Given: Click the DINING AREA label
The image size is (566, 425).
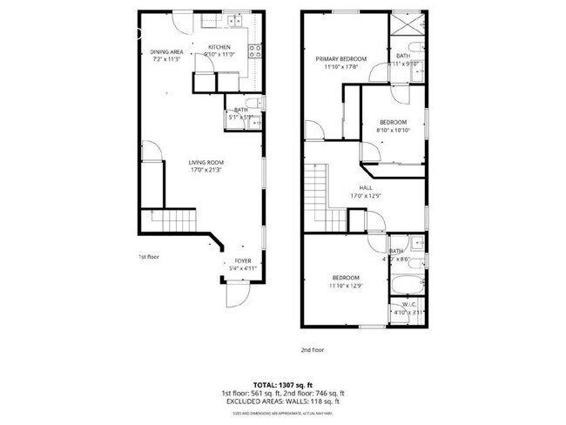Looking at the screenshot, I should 165,52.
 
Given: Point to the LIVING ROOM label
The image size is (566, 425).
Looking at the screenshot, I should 207,162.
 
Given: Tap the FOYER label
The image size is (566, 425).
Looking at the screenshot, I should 242,260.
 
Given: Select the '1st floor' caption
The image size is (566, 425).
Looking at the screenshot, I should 149,257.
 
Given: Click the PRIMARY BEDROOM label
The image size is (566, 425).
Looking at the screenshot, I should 340,59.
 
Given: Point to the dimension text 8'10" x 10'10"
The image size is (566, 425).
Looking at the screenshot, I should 392,130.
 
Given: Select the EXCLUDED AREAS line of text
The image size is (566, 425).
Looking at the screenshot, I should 282,401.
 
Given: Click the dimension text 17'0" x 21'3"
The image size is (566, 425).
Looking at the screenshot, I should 207,170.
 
